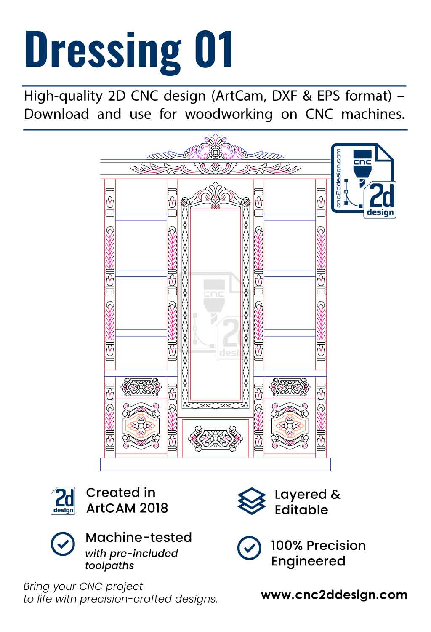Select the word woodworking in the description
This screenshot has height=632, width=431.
[x=229, y=114]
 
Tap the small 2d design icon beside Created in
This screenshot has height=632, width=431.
[x=63, y=501]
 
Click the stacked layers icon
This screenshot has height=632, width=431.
[x=251, y=501]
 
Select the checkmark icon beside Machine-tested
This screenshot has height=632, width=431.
[x=63, y=544]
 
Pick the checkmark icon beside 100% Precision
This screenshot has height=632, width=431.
[x=249, y=548]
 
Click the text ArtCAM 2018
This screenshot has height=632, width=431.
[x=127, y=508]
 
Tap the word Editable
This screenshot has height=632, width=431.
[x=301, y=510]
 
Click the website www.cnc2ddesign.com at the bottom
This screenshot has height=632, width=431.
[x=334, y=595]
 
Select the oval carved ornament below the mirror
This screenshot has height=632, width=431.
[x=215, y=439]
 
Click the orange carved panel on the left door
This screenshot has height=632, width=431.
[x=141, y=426]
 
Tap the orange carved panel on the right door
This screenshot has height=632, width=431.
[x=290, y=426]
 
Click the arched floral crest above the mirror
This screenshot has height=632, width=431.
[x=215, y=195]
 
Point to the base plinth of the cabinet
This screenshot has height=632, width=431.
[x=215, y=464]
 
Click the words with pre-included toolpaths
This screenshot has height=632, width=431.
[x=131, y=559]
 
